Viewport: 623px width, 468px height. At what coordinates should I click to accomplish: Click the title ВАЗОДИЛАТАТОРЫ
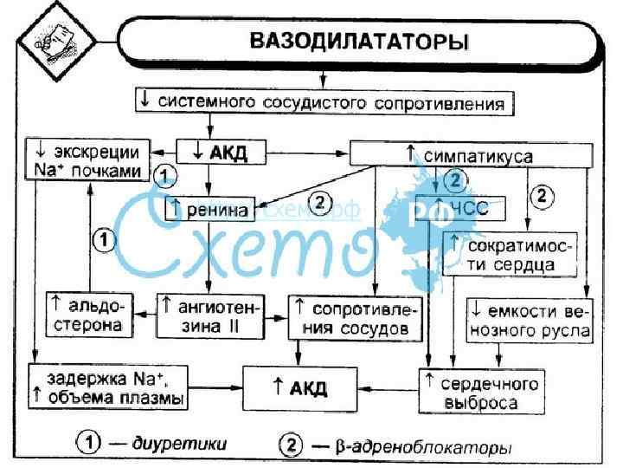pyautogui.click(x=359, y=41)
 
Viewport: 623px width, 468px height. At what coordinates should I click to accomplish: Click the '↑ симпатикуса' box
pyautogui.click(x=471, y=155)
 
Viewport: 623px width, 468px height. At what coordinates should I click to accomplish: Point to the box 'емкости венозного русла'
pyautogui.click(x=530, y=318)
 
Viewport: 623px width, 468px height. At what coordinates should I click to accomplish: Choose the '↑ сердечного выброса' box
pyautogui.click(x=481, y=392)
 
